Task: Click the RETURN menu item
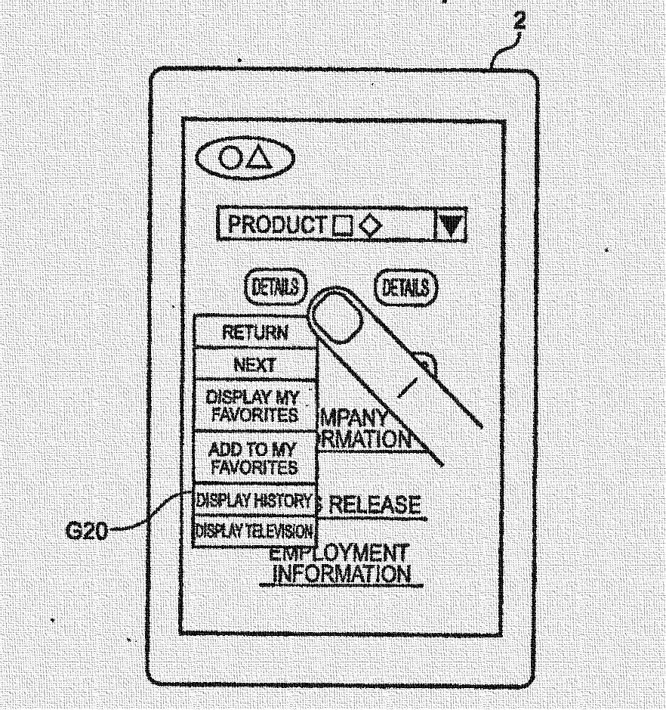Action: pos(254,332)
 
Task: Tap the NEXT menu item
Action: pos(254,364)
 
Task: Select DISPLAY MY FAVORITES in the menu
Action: pos(252,406)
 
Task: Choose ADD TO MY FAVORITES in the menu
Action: pos(253,458)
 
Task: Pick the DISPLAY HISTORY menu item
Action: pos(254,501)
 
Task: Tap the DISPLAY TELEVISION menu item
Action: pos(254,531)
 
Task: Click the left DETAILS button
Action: pos(276,287)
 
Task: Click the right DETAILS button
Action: pos(406,287)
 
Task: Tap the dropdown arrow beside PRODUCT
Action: pos(452,225)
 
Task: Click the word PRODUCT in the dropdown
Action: pos(277,225)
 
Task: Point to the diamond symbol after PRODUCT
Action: pos(370,226)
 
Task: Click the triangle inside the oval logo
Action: pos(259,157)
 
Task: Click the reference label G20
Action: pos(85,531)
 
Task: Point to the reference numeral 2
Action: pos(519,21)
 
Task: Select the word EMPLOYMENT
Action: pos(339,553)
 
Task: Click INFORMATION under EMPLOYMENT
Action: pos(341,574)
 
